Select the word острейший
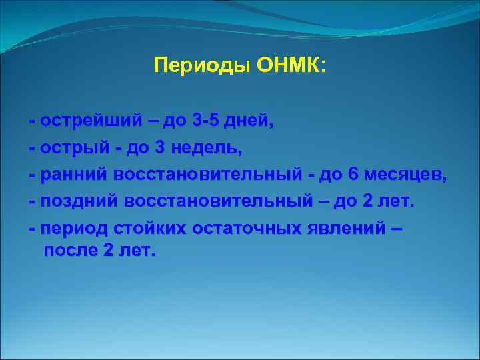tap(91, 121)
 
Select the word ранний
tap(74, 175)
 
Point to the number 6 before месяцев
tap(353, 175)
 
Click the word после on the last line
tap(70, 251)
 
